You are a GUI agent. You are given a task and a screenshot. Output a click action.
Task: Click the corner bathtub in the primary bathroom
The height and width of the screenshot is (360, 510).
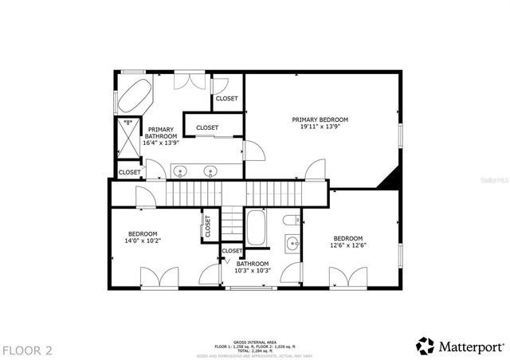[x=134, y=95]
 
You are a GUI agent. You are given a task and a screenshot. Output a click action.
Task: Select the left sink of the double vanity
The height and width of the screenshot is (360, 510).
[x=181, y=170]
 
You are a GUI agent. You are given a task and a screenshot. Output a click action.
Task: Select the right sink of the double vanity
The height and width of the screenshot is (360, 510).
[x=211, y=170]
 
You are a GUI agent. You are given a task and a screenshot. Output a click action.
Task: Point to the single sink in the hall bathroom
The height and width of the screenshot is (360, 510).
[x=292, y=244]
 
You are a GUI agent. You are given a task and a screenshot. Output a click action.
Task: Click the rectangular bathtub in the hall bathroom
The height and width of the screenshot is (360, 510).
[x=257, y=228]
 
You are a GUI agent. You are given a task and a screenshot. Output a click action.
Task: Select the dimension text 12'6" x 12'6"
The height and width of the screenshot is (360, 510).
[x=348, y=245]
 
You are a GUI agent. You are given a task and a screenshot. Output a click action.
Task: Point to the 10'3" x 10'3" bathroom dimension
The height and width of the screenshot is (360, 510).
[x=253, y=271]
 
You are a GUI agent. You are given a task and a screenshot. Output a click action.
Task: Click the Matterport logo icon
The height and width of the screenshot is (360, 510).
[x=426, y=346]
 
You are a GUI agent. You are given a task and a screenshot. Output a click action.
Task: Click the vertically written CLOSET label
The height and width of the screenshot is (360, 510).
[x=207, y=228]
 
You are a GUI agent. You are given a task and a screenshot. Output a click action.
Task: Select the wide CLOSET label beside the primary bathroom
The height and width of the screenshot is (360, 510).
[x=207, y=127]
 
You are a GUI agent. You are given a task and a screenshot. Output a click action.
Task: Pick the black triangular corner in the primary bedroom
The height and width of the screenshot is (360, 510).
[x=388, y=181]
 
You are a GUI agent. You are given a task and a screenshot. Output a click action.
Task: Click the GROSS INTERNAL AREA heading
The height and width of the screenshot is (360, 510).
[x=254, y=339]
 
